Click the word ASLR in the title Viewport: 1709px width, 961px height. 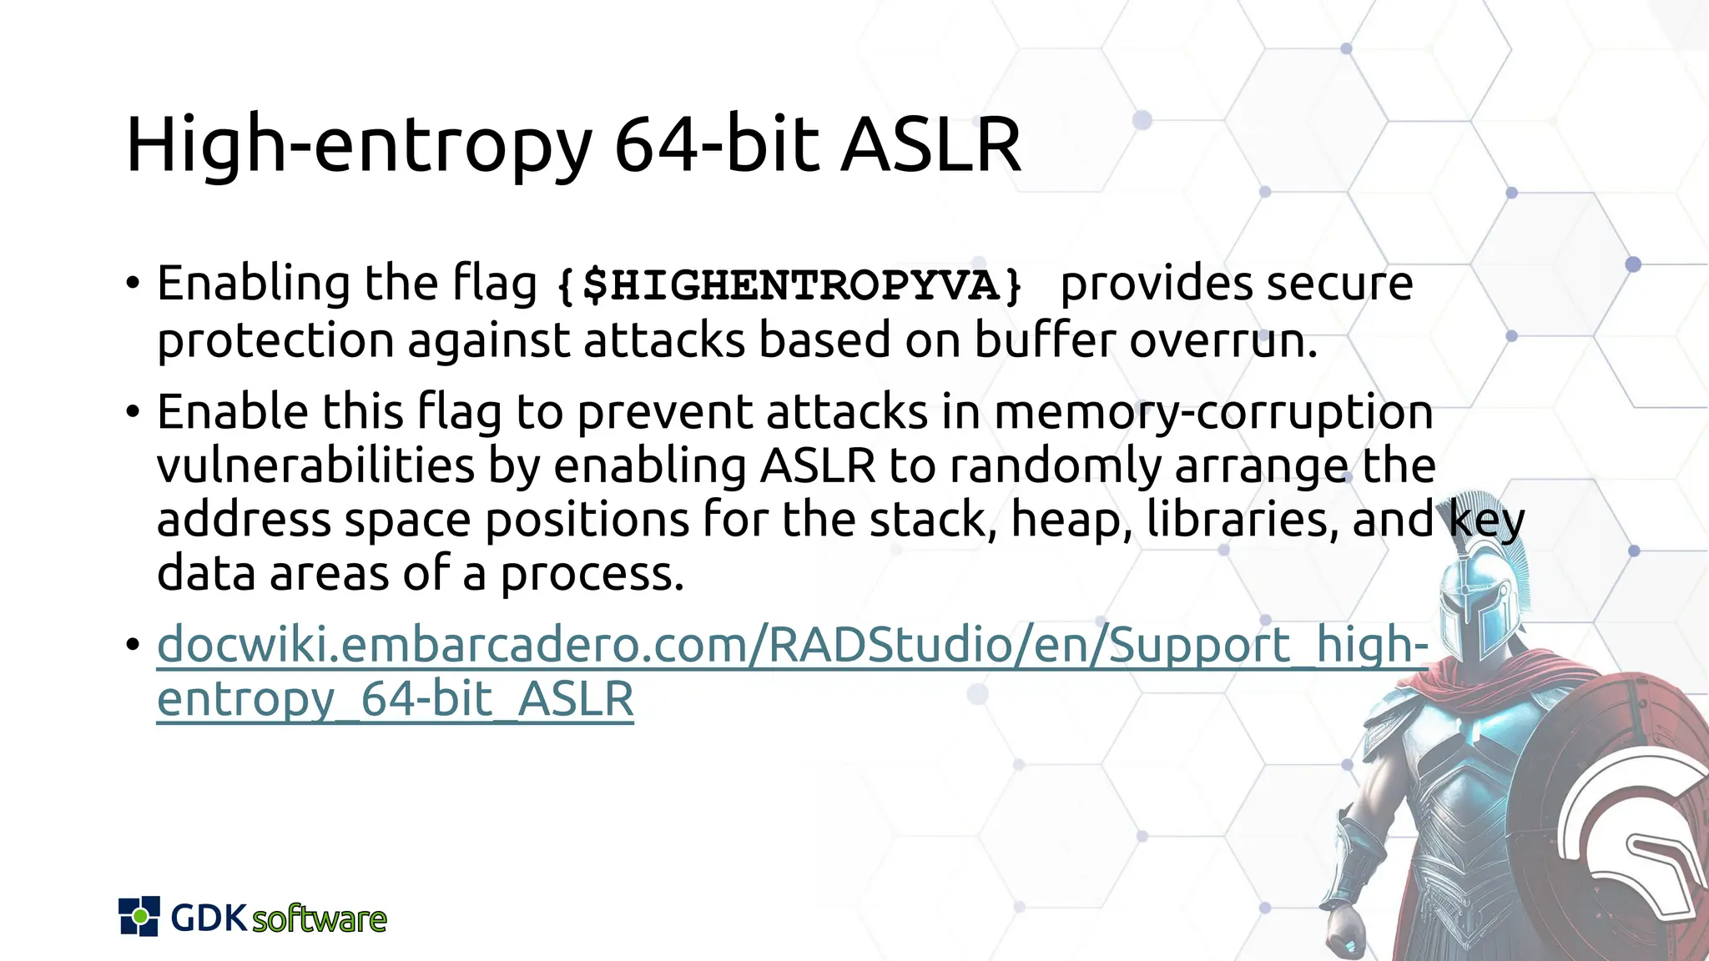pos(930,145)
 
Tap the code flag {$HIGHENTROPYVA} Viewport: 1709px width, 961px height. pos(789,285)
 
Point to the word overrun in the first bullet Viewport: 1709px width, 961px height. pos(1223,340)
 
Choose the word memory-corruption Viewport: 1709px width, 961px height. pos(1213,412)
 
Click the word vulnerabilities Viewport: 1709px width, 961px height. pos(315,465)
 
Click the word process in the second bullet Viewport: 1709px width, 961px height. pos(592,574)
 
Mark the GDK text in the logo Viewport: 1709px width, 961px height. pos(209,918)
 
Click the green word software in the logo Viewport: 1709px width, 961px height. pos(319,919)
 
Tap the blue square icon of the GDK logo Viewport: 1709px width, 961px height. pos(139,917)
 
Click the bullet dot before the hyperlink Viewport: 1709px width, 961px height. pos(133,645)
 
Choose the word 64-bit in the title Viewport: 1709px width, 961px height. pos(718,145)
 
